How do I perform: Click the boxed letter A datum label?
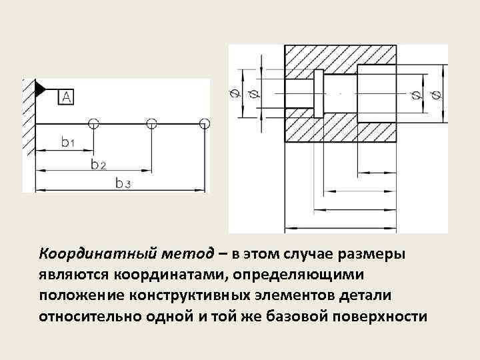(67, 97)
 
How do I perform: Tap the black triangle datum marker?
(39, 87)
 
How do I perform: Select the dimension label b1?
(67, 141)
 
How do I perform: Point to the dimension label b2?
(98, 163)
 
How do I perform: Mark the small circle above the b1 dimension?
(93, 123)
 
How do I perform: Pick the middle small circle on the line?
(151, 123)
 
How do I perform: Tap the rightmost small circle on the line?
(204, 123)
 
